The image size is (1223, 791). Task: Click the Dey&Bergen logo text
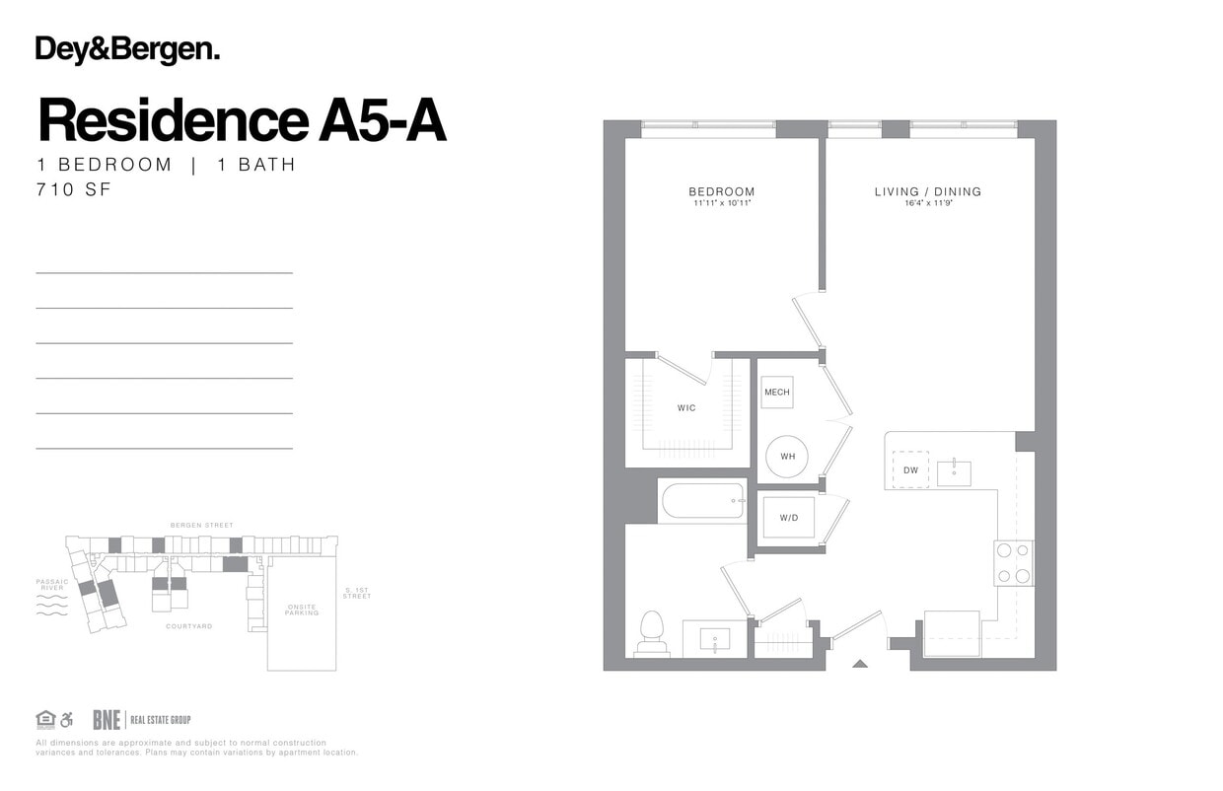[x=127, y=50]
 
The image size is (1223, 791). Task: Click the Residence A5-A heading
[x=242, y=120]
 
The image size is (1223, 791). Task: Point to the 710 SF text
[x=74, y=189]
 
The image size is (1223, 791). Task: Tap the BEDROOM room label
[x=721, y=191]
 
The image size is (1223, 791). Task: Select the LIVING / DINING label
[x=927, y=191]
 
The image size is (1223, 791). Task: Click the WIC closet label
[x=686, y=407]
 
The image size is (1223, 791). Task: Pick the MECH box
[x=777, y=393]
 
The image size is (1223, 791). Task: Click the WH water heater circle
[x=787, y=457]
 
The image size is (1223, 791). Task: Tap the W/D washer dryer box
[x=788, y=518]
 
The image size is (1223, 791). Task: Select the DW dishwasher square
[x=910, y=470]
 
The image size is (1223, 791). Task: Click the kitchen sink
[x=954, y=473]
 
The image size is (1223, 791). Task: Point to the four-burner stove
[x=1013, y=563]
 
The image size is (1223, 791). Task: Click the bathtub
[x=703, y=500]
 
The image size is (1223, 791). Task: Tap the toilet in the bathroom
[x=652, y=632]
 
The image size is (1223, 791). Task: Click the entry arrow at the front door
[x=859, y=664]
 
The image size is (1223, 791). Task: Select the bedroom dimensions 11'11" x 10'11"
[x=721, y=204]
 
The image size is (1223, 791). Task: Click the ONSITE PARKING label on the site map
[x=302, y=610]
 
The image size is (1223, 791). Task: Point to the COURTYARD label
[x=188, y=626]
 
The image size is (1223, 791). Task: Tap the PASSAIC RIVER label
[x=52, y=585]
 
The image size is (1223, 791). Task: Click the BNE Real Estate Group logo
[x=141, y=720]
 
